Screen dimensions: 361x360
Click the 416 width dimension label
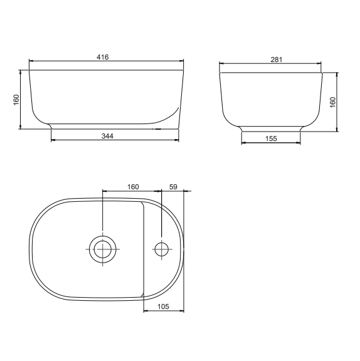(103, 57)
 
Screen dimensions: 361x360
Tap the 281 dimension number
(276, 60)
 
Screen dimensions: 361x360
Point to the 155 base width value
(271, 139)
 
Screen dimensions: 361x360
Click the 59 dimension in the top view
(174, 187)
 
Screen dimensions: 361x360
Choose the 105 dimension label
(164, 306)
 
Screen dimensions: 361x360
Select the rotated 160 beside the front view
(17, 100)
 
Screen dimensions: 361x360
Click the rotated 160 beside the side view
(333, 101)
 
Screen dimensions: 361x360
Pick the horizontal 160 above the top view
(132, 187)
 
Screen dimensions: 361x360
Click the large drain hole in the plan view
(102, 249)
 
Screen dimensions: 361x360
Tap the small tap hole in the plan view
(162, 249)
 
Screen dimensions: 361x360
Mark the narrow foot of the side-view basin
(271, 128)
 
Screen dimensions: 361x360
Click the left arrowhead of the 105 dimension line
(146, 311)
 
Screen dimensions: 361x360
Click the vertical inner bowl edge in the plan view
(144, 249)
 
